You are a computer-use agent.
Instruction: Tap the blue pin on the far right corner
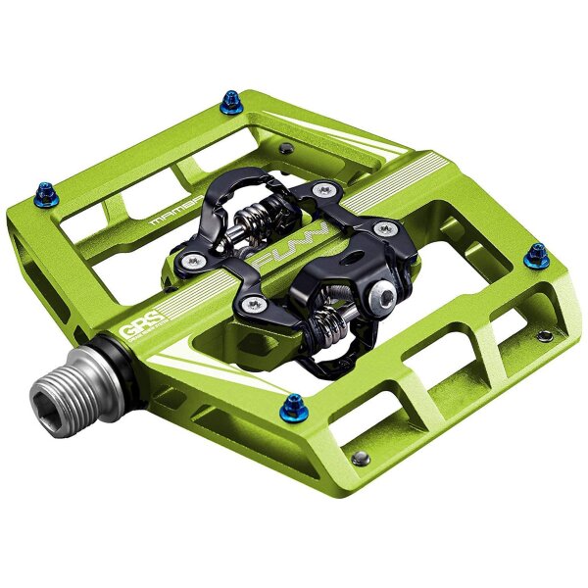tap(536, 255)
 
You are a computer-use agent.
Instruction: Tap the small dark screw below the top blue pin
tap(283, 148)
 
